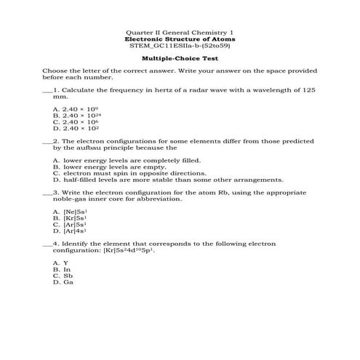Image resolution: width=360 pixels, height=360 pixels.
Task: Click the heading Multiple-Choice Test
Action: (x=180, y=57)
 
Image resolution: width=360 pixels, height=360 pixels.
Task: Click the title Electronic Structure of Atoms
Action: (x=180, y=39)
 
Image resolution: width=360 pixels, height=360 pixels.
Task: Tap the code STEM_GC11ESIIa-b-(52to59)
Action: (x=180, y=45)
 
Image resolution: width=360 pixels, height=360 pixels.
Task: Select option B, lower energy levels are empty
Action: (x=109, y=167)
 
